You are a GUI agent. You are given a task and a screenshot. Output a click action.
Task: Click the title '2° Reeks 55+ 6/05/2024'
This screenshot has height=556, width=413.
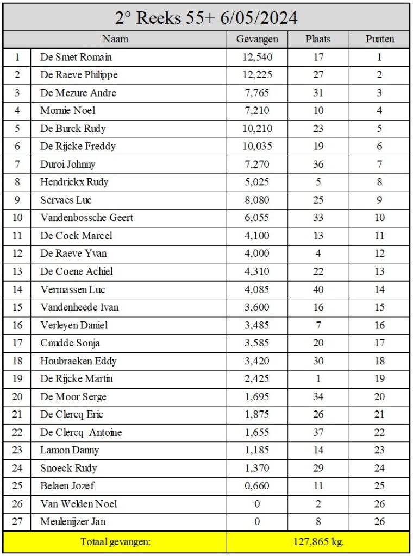206,18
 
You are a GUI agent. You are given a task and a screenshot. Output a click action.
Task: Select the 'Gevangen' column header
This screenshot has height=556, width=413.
257,39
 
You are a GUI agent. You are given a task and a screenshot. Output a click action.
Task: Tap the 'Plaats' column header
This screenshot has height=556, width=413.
318,39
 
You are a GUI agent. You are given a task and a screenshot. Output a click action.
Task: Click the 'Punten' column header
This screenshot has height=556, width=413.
379,39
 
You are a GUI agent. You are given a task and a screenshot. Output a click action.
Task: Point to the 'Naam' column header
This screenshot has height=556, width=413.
115,39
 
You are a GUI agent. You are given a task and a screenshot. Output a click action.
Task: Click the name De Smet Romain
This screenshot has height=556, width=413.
76,57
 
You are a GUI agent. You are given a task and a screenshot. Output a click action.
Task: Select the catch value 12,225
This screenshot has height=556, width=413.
257,75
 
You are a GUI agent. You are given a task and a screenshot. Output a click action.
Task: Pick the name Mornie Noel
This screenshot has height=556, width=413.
68,111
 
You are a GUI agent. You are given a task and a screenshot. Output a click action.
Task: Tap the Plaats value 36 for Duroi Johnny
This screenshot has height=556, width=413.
318,164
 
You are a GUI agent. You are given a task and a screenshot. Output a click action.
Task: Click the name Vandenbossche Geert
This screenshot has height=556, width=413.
86,218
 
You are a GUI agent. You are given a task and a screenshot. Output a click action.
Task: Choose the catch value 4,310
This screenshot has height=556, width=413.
257,271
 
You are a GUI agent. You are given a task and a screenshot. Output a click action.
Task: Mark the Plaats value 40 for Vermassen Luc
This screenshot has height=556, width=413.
318,289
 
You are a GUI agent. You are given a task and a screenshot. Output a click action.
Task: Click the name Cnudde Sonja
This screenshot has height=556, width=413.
70,343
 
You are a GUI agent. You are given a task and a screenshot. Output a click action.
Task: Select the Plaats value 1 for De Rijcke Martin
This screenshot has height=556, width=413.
318,378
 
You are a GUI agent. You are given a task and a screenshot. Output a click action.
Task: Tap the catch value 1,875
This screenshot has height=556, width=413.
257,414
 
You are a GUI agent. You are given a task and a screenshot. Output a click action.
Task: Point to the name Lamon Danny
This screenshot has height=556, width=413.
70,450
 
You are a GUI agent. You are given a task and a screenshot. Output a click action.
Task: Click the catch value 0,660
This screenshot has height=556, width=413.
257,486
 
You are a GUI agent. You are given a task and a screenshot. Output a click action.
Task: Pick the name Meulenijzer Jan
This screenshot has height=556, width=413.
73,522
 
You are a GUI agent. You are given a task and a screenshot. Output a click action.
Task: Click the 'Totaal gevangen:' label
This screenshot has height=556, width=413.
115,542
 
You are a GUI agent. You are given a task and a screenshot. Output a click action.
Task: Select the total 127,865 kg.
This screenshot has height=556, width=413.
318,542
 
